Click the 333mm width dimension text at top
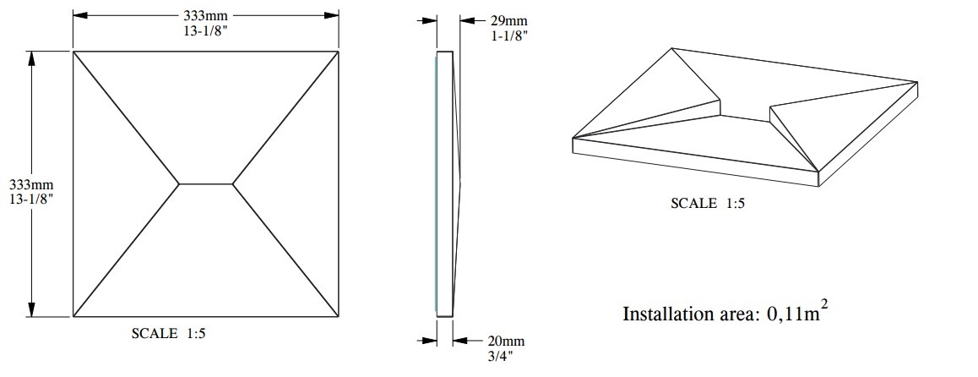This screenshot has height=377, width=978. click(x=205, y=15)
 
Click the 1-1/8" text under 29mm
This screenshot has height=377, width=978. click(x=508, y=37)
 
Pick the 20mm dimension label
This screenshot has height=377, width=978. click(x=507, y=341)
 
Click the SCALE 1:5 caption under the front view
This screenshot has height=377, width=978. click(x=169, y=334)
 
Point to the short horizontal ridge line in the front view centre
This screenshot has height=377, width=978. click(x=205, y=183)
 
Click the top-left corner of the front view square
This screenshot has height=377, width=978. click(x=73, y=52)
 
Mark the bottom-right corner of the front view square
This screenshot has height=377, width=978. click(x=339, y=317)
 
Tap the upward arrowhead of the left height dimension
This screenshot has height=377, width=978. click(x=31, y=57)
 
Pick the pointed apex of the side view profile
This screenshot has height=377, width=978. click(x=463, y=182)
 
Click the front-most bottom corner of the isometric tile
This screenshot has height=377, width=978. click(x=818, y=185)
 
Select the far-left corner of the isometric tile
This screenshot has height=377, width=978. click(x=573, y=139)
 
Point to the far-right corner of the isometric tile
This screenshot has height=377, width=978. click(x=917, y=83)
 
